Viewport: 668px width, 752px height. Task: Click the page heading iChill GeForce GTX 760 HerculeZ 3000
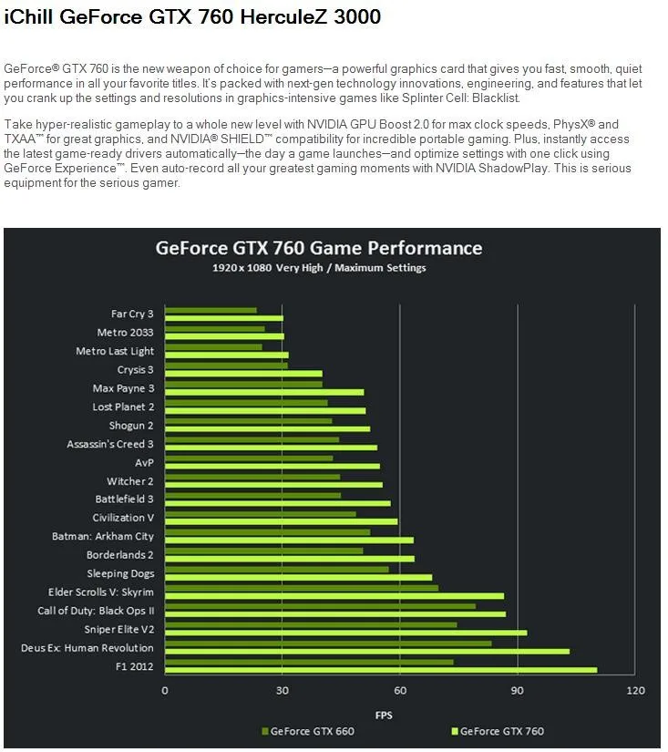pos(192,16)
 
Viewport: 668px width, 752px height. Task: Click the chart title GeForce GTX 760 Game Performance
pos(318,248)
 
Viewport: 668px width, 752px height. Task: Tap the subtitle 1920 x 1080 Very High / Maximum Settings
pos(318,268)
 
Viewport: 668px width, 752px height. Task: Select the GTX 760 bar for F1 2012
pos(380,670)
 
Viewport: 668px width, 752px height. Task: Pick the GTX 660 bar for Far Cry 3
pos(211,310)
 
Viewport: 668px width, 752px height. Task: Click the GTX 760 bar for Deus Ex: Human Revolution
pos(366,651)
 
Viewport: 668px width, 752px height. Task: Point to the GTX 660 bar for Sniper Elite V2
pos(310,624)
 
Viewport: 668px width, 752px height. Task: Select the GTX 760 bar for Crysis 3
pos(243,373)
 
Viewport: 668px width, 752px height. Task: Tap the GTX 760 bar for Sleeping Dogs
pos(298,577)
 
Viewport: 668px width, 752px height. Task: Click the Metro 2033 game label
pos(125,333)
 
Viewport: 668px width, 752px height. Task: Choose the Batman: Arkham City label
pos(103,536)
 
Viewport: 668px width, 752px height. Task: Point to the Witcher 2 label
pos(130,480)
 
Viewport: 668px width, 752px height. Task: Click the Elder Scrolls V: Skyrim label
pos(101,592)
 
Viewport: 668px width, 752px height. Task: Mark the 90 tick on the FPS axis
pos(518,690)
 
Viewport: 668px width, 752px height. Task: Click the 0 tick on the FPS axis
pos(165,690)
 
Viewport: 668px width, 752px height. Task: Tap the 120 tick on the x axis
pos(635,690)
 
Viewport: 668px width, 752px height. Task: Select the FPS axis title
pos(384,715)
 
